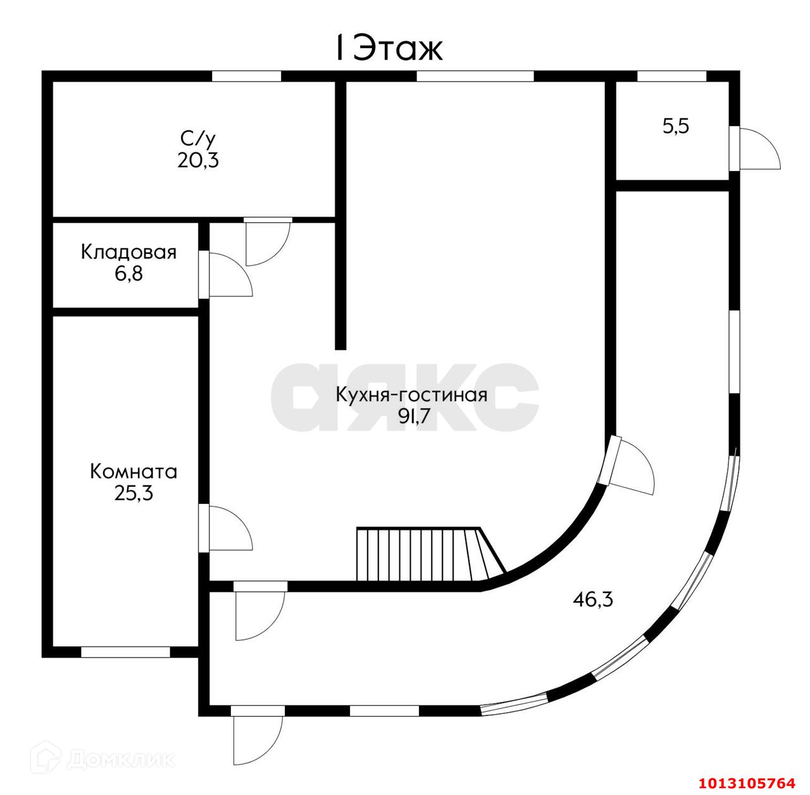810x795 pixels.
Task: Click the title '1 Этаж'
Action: (x=389, y=48)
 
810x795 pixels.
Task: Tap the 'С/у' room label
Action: (x=197, y=139)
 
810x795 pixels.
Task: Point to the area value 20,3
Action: (x=198, y=160)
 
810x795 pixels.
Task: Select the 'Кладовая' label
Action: (x=128, y=253)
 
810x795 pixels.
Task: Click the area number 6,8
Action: (x=128, y=274)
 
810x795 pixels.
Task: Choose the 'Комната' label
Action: (x=134, y=472)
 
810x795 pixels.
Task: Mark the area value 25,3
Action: (x=134, y=494)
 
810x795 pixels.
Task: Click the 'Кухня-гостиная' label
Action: (x=411, y=395)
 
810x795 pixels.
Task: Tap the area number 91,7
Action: (x=414, y=416)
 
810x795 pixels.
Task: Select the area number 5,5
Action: (x=676, y=126)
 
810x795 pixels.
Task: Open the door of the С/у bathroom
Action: (x=268, y=241)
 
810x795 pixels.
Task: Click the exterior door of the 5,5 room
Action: (x=754, y=149)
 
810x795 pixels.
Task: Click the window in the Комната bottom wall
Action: (x=125, y=652)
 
